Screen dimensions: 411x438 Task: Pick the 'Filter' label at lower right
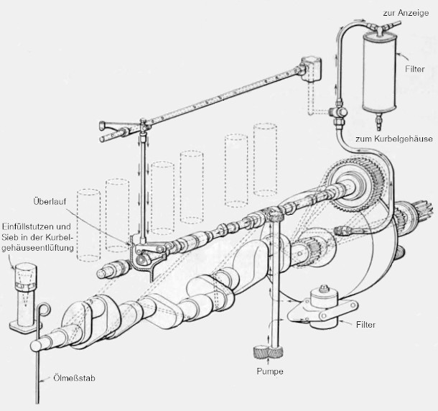(x=365, y=324)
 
